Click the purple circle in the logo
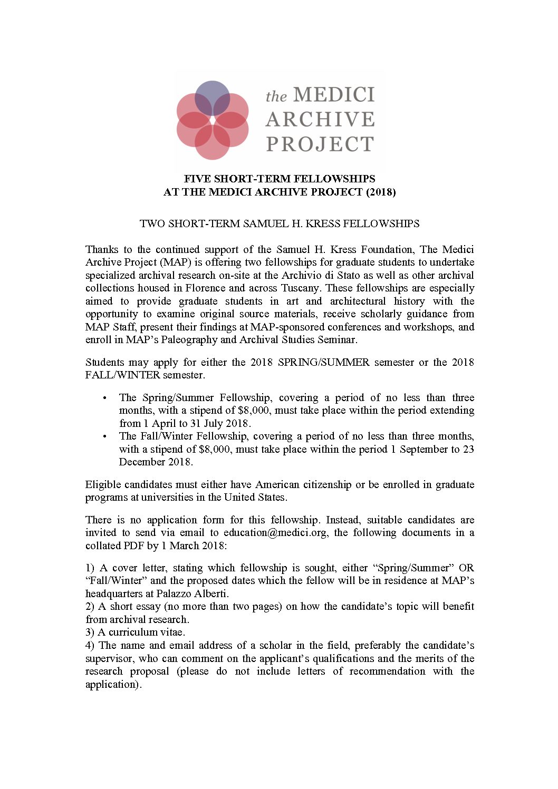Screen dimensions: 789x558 213,98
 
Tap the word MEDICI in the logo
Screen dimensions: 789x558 333,95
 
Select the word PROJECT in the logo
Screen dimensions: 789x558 320,144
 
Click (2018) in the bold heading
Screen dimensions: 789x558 381,192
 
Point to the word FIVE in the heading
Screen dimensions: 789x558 197,179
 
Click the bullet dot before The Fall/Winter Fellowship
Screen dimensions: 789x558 105,436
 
